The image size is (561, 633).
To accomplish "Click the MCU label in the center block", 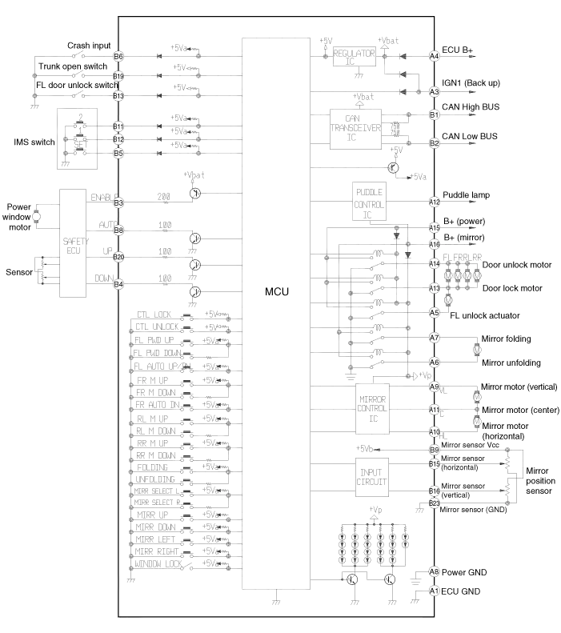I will [275, 292].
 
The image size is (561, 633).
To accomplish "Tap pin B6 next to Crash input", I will [118, 56].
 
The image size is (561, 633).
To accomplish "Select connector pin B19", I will [118, 76].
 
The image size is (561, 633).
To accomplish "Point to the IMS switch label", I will [34, 142].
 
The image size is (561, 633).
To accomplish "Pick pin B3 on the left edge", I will [118, 202].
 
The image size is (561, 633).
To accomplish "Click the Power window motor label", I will [18, 216].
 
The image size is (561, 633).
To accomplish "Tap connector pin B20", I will [118, 256].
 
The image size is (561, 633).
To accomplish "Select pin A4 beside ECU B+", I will [435, 56].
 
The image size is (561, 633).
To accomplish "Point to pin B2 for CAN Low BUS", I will [435, 143].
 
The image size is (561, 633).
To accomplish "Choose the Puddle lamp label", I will [467, 195].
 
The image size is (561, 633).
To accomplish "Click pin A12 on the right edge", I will [435, 202].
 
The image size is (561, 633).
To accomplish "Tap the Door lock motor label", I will [512, 288].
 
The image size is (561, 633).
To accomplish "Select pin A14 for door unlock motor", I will [435, 263].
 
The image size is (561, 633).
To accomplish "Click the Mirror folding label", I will [505, 339].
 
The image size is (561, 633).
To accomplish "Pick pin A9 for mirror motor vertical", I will [435, 387].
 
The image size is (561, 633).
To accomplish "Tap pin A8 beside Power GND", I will [435, 571].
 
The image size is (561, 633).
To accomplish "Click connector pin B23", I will [435, 503].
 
